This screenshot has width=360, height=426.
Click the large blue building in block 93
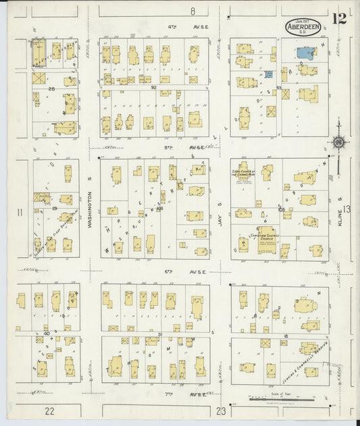click(307, 51)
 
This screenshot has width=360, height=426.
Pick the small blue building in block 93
click(269, 74)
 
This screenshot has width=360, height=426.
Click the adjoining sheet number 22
click(49, 410)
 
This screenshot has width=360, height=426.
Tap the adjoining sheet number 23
click(221, 410)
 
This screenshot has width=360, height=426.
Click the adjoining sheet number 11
click(21, 213)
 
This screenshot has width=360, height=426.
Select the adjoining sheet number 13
click(347, 209)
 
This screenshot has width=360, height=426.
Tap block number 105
click(279, 209)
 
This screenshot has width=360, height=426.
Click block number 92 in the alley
click(153, 87)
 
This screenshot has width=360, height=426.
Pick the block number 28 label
click(51, 88)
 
